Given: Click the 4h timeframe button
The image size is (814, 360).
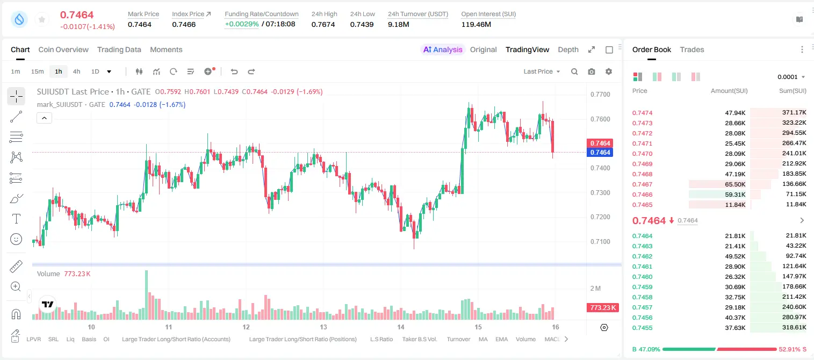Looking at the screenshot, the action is tap(76, 71).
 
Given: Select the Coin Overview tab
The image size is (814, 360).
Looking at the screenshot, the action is tap(63, 49).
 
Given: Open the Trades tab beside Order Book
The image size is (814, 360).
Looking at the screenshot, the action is tap(692, 49).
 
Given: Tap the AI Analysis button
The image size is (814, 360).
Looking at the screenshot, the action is tap(443, 49).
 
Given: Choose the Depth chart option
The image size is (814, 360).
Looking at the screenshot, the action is tap(568, 49).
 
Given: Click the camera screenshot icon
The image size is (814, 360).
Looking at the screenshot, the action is tap(592, 71).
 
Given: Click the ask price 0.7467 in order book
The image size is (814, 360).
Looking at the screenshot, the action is tap(642, 184).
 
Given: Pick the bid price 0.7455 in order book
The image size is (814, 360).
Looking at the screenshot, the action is tap(642, 328).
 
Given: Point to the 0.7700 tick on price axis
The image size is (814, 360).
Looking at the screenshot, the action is tap(600, 95).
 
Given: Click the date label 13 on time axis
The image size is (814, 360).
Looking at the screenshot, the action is tap(323, 327).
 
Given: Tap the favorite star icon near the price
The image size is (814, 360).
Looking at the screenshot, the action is tap(42, 19).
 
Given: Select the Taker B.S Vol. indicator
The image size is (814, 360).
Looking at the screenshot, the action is tap(419, 339).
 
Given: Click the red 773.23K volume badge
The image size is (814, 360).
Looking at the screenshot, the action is tap(602, 308).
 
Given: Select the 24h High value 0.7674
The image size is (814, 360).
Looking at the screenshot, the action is tap(323, 24).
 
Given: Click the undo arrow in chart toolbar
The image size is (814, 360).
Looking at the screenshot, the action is tap(234, 71).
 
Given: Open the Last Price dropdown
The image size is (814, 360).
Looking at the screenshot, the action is tap(542, 71).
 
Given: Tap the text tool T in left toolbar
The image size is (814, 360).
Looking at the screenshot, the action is tap(16, 219).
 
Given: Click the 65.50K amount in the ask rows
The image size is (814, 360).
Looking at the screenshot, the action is tap(735, 184).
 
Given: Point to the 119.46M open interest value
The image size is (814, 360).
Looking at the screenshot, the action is tap(476, 24).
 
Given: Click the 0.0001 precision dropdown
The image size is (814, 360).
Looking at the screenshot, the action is tap(791, 77).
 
